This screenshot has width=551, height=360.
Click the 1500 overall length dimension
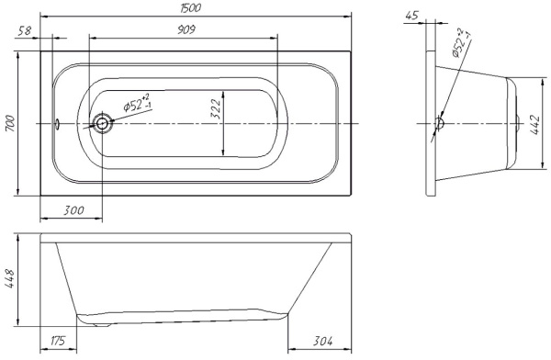point(190,8)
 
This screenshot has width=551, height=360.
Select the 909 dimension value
point(186,29)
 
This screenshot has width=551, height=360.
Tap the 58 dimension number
point(25,31)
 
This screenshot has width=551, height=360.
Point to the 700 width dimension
point(10,123)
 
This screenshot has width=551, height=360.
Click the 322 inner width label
point(216,109)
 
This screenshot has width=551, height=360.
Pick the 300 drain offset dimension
point(73,210)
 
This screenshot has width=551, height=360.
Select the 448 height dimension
point(9,279)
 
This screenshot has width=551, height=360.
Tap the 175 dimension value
point(58,341)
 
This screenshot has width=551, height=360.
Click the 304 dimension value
point(322,341)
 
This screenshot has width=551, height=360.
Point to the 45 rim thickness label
point(412,16)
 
